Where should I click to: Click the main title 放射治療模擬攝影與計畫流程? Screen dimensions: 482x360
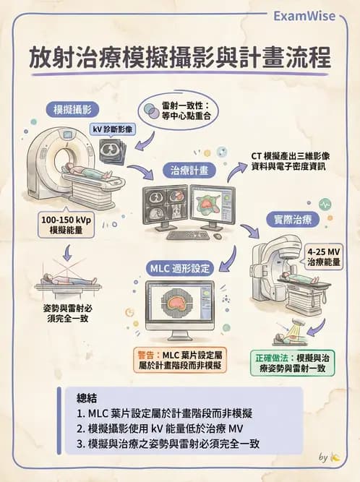180,58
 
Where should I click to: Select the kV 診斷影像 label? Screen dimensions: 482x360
112,129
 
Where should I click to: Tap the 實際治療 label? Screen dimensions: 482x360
292,218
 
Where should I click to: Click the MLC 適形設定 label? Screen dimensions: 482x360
181,268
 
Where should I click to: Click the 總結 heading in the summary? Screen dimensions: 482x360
90,398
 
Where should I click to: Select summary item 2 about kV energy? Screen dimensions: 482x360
162,429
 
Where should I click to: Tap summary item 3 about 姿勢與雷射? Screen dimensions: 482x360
168,444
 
